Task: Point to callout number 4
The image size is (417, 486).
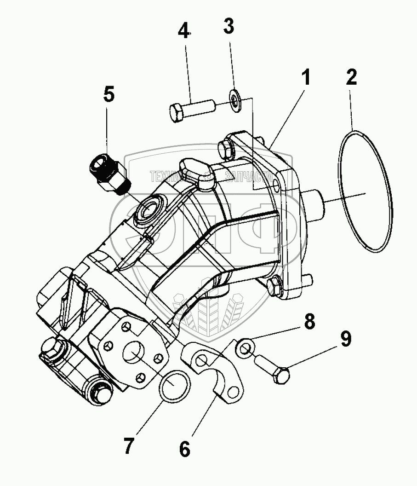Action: tap(183, 32)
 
